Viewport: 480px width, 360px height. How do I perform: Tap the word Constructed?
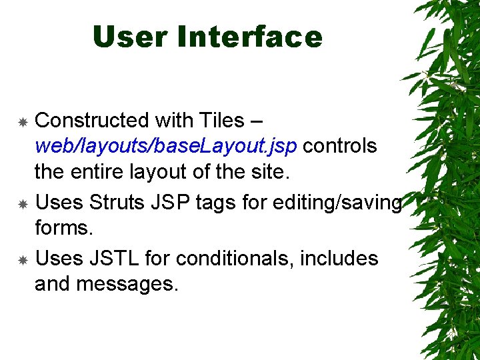[92, 121]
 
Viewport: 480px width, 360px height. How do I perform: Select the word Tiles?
[221, 121]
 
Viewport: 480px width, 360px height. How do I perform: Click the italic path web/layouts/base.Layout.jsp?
[165, 145]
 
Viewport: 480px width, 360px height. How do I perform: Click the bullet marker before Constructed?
[22, 122]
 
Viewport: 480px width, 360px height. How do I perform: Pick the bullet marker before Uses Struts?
[22, 203]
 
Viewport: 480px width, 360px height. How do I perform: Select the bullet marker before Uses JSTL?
[22, 259]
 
